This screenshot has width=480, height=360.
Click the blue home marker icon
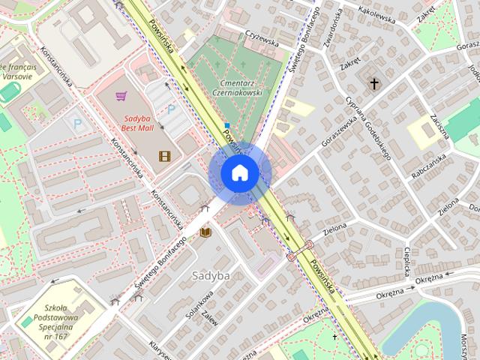(x=240, y=172)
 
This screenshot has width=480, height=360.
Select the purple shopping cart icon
(x=121, y=96)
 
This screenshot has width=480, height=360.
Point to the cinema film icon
(x=164, y=156)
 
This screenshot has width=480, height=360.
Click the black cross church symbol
(x=374, y=84)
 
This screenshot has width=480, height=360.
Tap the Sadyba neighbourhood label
(x=210, y=275)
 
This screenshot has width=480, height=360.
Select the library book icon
(x=205, y=233)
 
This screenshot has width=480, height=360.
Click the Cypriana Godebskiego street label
(x=369, y=128)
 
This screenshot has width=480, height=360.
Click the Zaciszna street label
(x=439, y=122)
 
